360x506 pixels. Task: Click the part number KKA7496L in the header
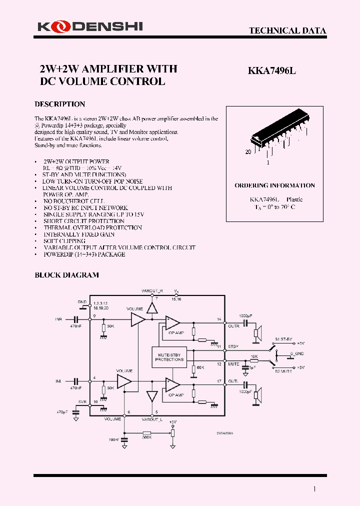tap(272, 71)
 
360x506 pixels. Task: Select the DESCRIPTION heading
tap(59, 104)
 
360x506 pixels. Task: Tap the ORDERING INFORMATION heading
tap(274, 185)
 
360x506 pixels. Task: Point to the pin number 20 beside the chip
tap(248, 151)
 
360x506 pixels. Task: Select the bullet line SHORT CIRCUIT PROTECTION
tap(83, 221)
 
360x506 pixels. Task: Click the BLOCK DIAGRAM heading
tap(66, 275)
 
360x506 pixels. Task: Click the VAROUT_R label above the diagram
tap(152, 290)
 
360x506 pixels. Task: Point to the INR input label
tap(58, 318)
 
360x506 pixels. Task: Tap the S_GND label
tap(297, 353)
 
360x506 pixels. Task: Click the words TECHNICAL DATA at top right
tap(287, 30)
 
